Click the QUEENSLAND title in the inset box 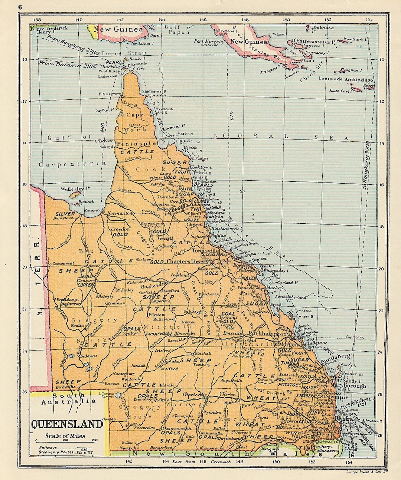(66, 424)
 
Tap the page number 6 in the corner (9, 7)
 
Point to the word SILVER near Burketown (65, 214)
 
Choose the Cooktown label (200, 168)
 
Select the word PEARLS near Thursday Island (115, 62)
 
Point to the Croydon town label (120, 230)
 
